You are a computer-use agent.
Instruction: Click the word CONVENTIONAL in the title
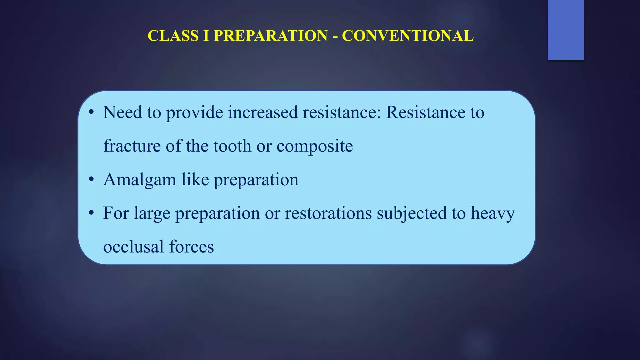408,36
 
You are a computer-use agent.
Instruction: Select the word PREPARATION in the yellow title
271,36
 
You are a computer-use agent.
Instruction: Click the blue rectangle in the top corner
566,30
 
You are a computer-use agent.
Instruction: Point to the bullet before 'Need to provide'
91,112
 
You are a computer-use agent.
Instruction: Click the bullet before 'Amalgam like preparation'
91,180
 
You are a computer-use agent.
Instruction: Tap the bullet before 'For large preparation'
91,213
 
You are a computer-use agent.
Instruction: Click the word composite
315,146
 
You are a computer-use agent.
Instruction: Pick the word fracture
132,146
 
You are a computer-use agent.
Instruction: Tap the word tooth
232,146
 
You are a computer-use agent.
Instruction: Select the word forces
192,247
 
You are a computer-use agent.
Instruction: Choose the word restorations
328,213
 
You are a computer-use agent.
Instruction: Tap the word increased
263,112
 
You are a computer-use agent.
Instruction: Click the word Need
122,112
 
